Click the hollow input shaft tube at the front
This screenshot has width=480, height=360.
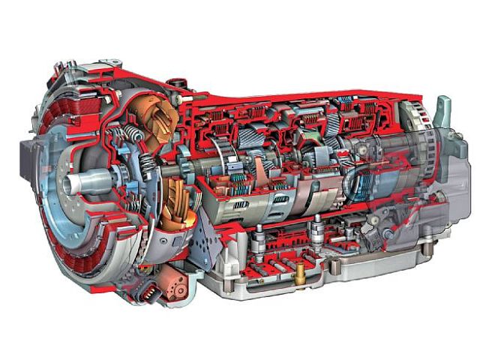click(x=88, y=182)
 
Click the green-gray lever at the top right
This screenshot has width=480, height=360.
click(x=444, y=112)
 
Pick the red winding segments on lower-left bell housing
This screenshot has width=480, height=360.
click(x=82, y=247)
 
